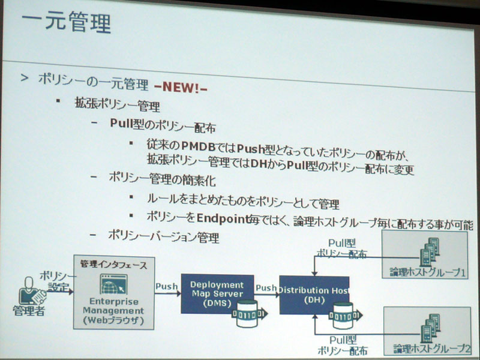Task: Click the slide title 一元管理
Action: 66,22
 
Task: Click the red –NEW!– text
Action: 181,87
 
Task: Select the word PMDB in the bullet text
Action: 199,146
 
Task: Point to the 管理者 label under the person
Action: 29,311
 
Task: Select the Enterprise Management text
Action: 113,306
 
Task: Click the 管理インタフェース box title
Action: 113,265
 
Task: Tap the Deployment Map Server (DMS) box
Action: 217,293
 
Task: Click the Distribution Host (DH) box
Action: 314,295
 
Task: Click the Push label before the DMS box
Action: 167,287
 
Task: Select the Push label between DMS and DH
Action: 266,288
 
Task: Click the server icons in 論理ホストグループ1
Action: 430,251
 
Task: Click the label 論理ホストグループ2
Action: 431,349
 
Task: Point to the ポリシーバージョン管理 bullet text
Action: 164,236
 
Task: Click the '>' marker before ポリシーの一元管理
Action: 24,78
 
